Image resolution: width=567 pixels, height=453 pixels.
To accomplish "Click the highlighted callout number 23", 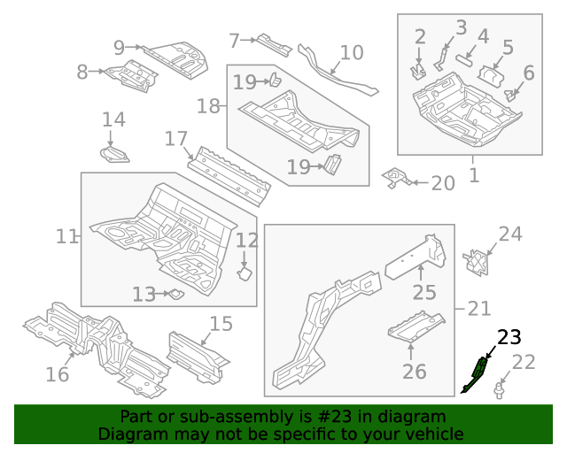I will tap(509, 337).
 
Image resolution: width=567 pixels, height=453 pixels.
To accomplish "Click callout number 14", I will tap(113, 119).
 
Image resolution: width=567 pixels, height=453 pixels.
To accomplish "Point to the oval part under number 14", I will tap(114, 157).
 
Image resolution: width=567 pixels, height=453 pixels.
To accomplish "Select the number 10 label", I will tap(352, 52).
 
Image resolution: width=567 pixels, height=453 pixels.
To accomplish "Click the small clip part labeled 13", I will tap(175, 294).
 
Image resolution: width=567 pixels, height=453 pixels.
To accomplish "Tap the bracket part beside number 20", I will tap(396, 179).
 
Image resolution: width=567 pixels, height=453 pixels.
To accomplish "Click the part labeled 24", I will tap(478, 261).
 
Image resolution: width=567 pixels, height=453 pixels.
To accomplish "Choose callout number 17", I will tap(176, 139).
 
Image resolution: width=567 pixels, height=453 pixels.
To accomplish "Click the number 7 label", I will tap(234, 41).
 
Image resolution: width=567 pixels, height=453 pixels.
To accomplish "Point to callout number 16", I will tap(57, 374).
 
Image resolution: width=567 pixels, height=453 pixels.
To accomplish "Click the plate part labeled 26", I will tap(416, 329).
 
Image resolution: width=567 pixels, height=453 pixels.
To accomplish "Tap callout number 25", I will tap(424, 293).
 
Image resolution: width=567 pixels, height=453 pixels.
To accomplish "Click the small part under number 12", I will tap(245, 275).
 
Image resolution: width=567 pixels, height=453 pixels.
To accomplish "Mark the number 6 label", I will tap(529, 73).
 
